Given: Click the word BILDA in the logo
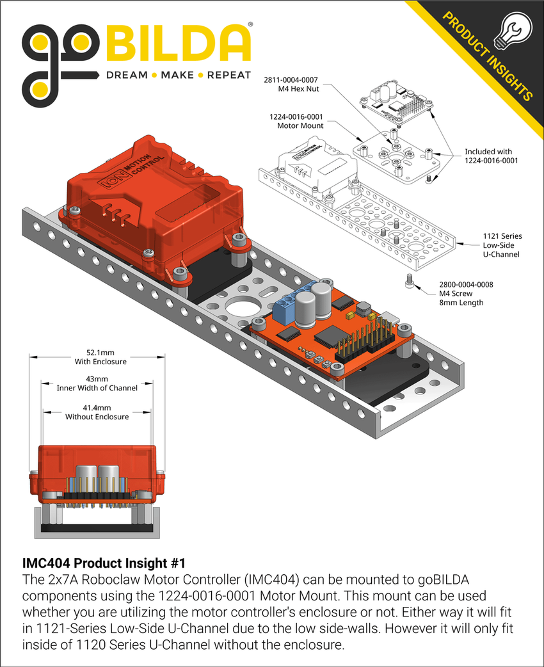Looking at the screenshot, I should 177,44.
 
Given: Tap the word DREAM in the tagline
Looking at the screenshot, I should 127,75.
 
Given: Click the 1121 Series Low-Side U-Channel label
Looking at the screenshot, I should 502,245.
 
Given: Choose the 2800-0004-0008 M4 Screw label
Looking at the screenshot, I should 465,293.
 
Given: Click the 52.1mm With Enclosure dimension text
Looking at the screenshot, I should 100,357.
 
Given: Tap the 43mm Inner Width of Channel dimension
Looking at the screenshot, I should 97,383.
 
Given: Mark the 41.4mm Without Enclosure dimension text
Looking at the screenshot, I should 97,412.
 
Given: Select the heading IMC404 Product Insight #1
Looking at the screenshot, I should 104,563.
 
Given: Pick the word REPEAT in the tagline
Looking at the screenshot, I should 230,75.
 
